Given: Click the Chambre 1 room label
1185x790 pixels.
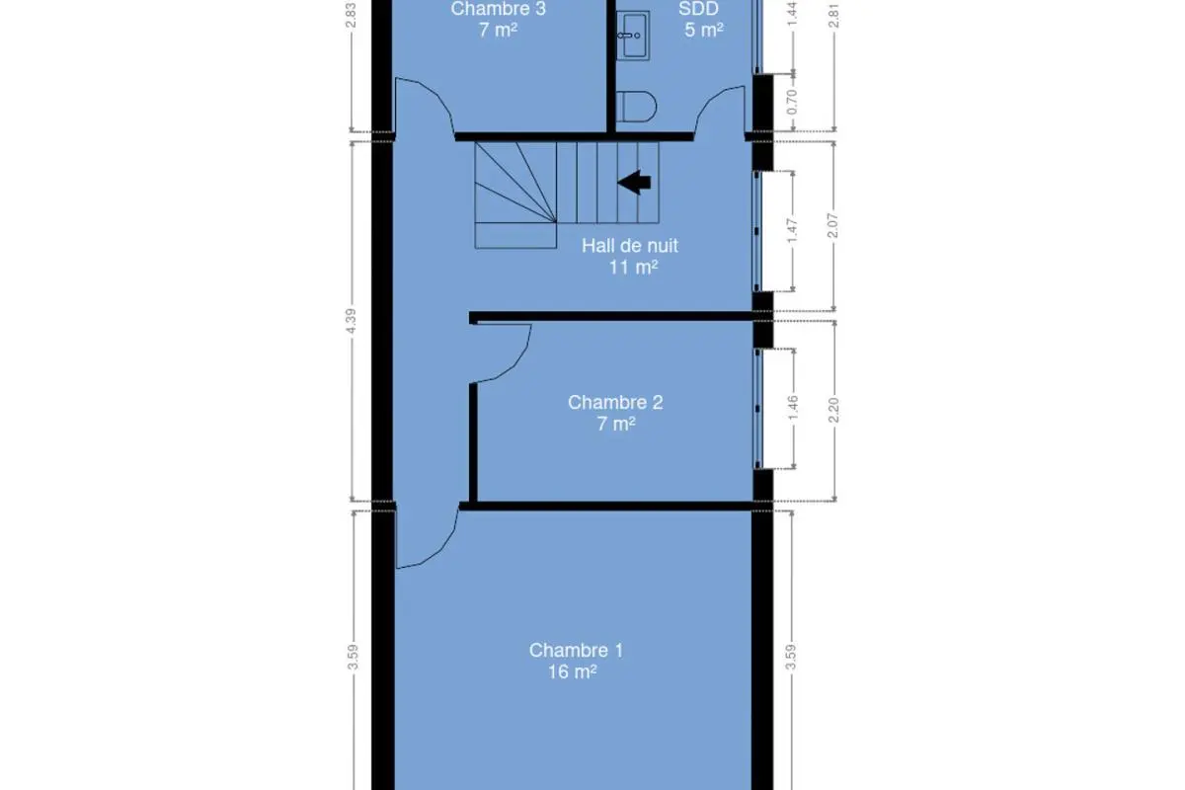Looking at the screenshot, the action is pos(576,651).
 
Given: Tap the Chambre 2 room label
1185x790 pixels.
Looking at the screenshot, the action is pos(615,402).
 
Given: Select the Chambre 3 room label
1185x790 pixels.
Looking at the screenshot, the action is pos(498,9).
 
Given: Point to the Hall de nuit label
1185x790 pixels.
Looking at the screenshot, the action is pos(630,246).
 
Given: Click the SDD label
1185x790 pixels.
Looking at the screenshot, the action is pos(698,9).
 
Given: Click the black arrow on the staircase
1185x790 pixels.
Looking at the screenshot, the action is pos(634,183).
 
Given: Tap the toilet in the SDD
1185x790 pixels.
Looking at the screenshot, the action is pos(636,107).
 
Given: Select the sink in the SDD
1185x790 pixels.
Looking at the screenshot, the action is pos(633,35).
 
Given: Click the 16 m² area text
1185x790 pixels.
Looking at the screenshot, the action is pos(573,672).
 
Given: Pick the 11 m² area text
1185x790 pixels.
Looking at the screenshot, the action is pos(633,268).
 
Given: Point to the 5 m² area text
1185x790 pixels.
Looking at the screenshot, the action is pos(703,30).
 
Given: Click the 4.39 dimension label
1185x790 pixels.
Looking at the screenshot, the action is pos(351,321).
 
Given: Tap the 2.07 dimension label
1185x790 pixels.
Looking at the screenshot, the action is pos(832,225).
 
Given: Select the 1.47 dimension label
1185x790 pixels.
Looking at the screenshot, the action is pos(792,231).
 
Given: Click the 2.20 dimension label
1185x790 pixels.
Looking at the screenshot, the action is pos(833,410).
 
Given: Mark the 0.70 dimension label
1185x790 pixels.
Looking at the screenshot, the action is pos(792,102).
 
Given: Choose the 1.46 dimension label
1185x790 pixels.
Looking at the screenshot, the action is pos(792,408).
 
